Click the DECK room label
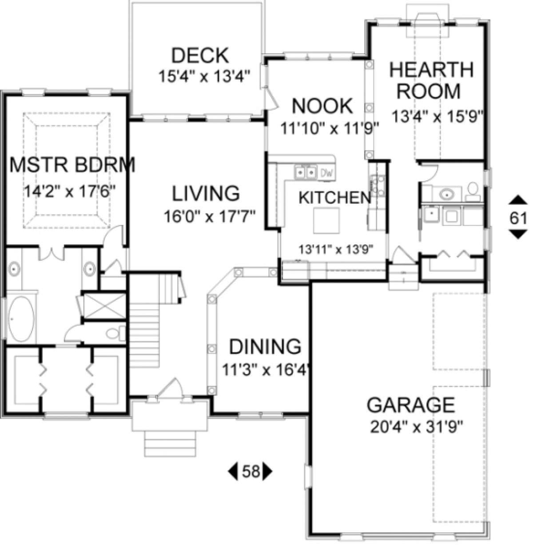200,56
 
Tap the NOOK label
322,105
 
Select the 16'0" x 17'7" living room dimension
210,216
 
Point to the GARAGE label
410,405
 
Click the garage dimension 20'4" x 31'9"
416,427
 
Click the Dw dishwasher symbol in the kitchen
327,173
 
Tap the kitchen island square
326,220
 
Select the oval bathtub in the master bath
21,319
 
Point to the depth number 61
518,218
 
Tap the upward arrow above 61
518,200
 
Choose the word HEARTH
431,70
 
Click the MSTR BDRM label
73,165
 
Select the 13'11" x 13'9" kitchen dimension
336,249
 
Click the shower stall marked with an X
104,306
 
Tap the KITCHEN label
334,198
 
